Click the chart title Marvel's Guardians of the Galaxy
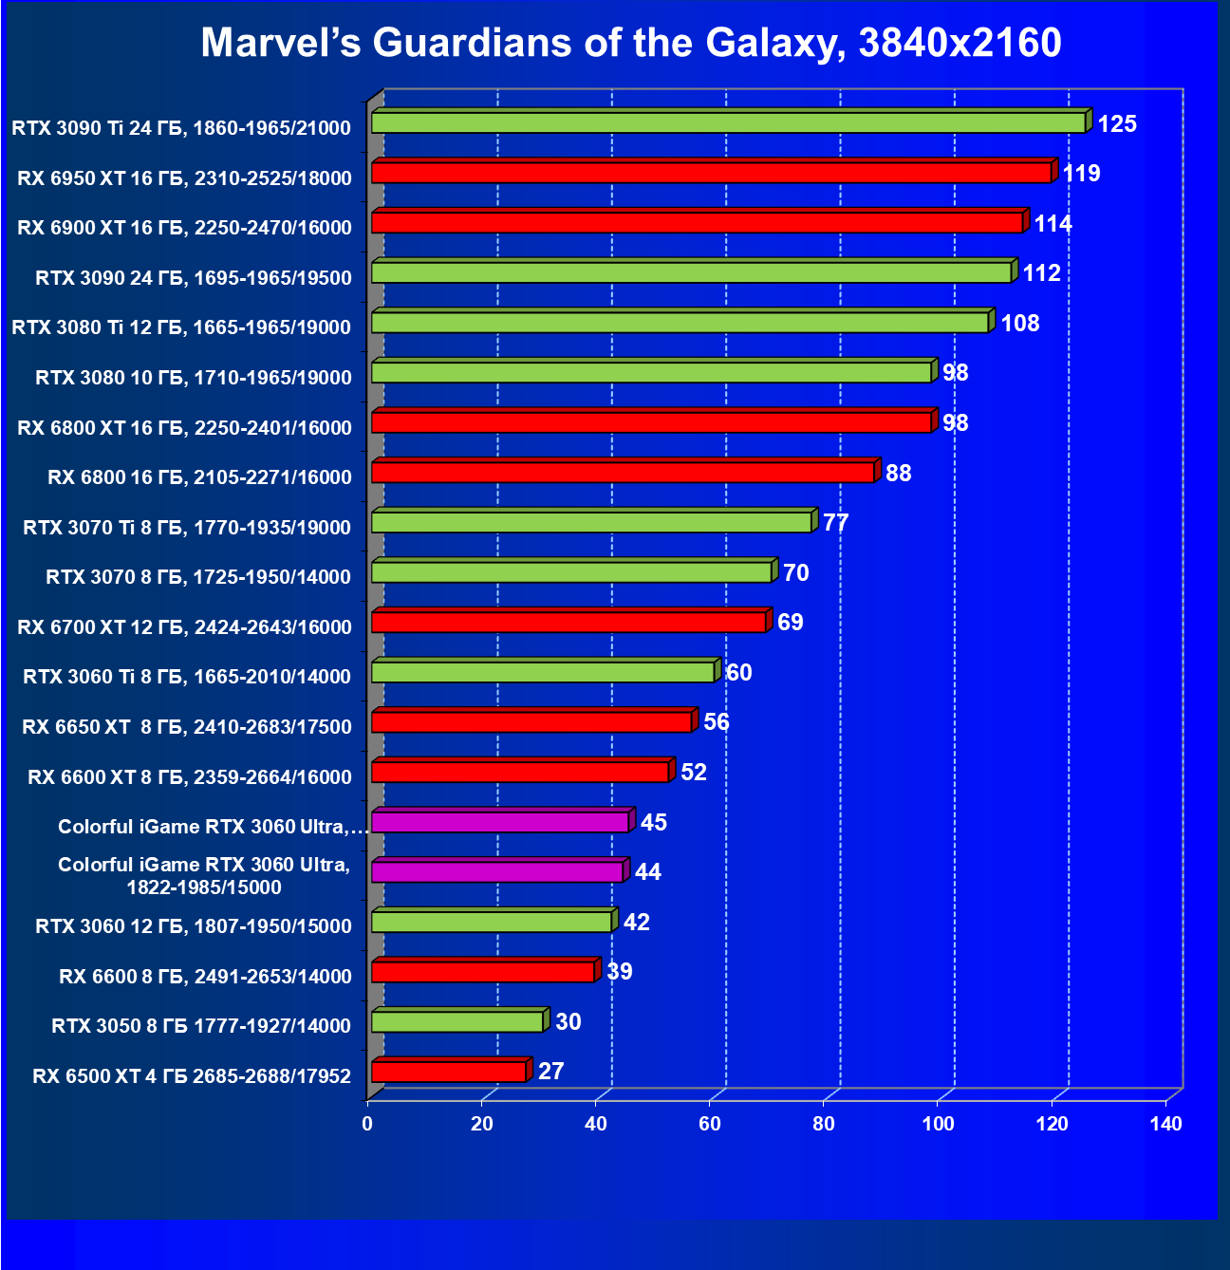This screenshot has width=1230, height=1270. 631,43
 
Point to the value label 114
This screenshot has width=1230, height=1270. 1053,224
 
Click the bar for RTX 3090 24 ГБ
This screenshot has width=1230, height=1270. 691,272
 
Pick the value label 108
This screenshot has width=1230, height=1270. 1020,324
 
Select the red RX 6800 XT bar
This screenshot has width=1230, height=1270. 651,422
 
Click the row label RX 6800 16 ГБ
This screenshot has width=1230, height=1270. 199,477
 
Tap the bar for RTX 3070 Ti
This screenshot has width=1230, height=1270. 591,522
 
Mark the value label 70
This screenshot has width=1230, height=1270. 795,573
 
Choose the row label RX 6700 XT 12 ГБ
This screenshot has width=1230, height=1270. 184,627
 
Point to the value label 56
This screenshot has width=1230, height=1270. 717,722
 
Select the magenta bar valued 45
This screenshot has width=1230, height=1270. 499,822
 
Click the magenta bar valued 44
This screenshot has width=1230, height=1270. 496,871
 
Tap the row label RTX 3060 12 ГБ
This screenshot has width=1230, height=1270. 193,926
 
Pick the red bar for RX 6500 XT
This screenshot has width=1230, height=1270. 448,1072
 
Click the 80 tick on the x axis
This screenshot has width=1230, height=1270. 824,1125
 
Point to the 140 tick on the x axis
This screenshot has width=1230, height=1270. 1166,1125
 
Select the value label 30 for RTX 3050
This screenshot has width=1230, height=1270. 568,1022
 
